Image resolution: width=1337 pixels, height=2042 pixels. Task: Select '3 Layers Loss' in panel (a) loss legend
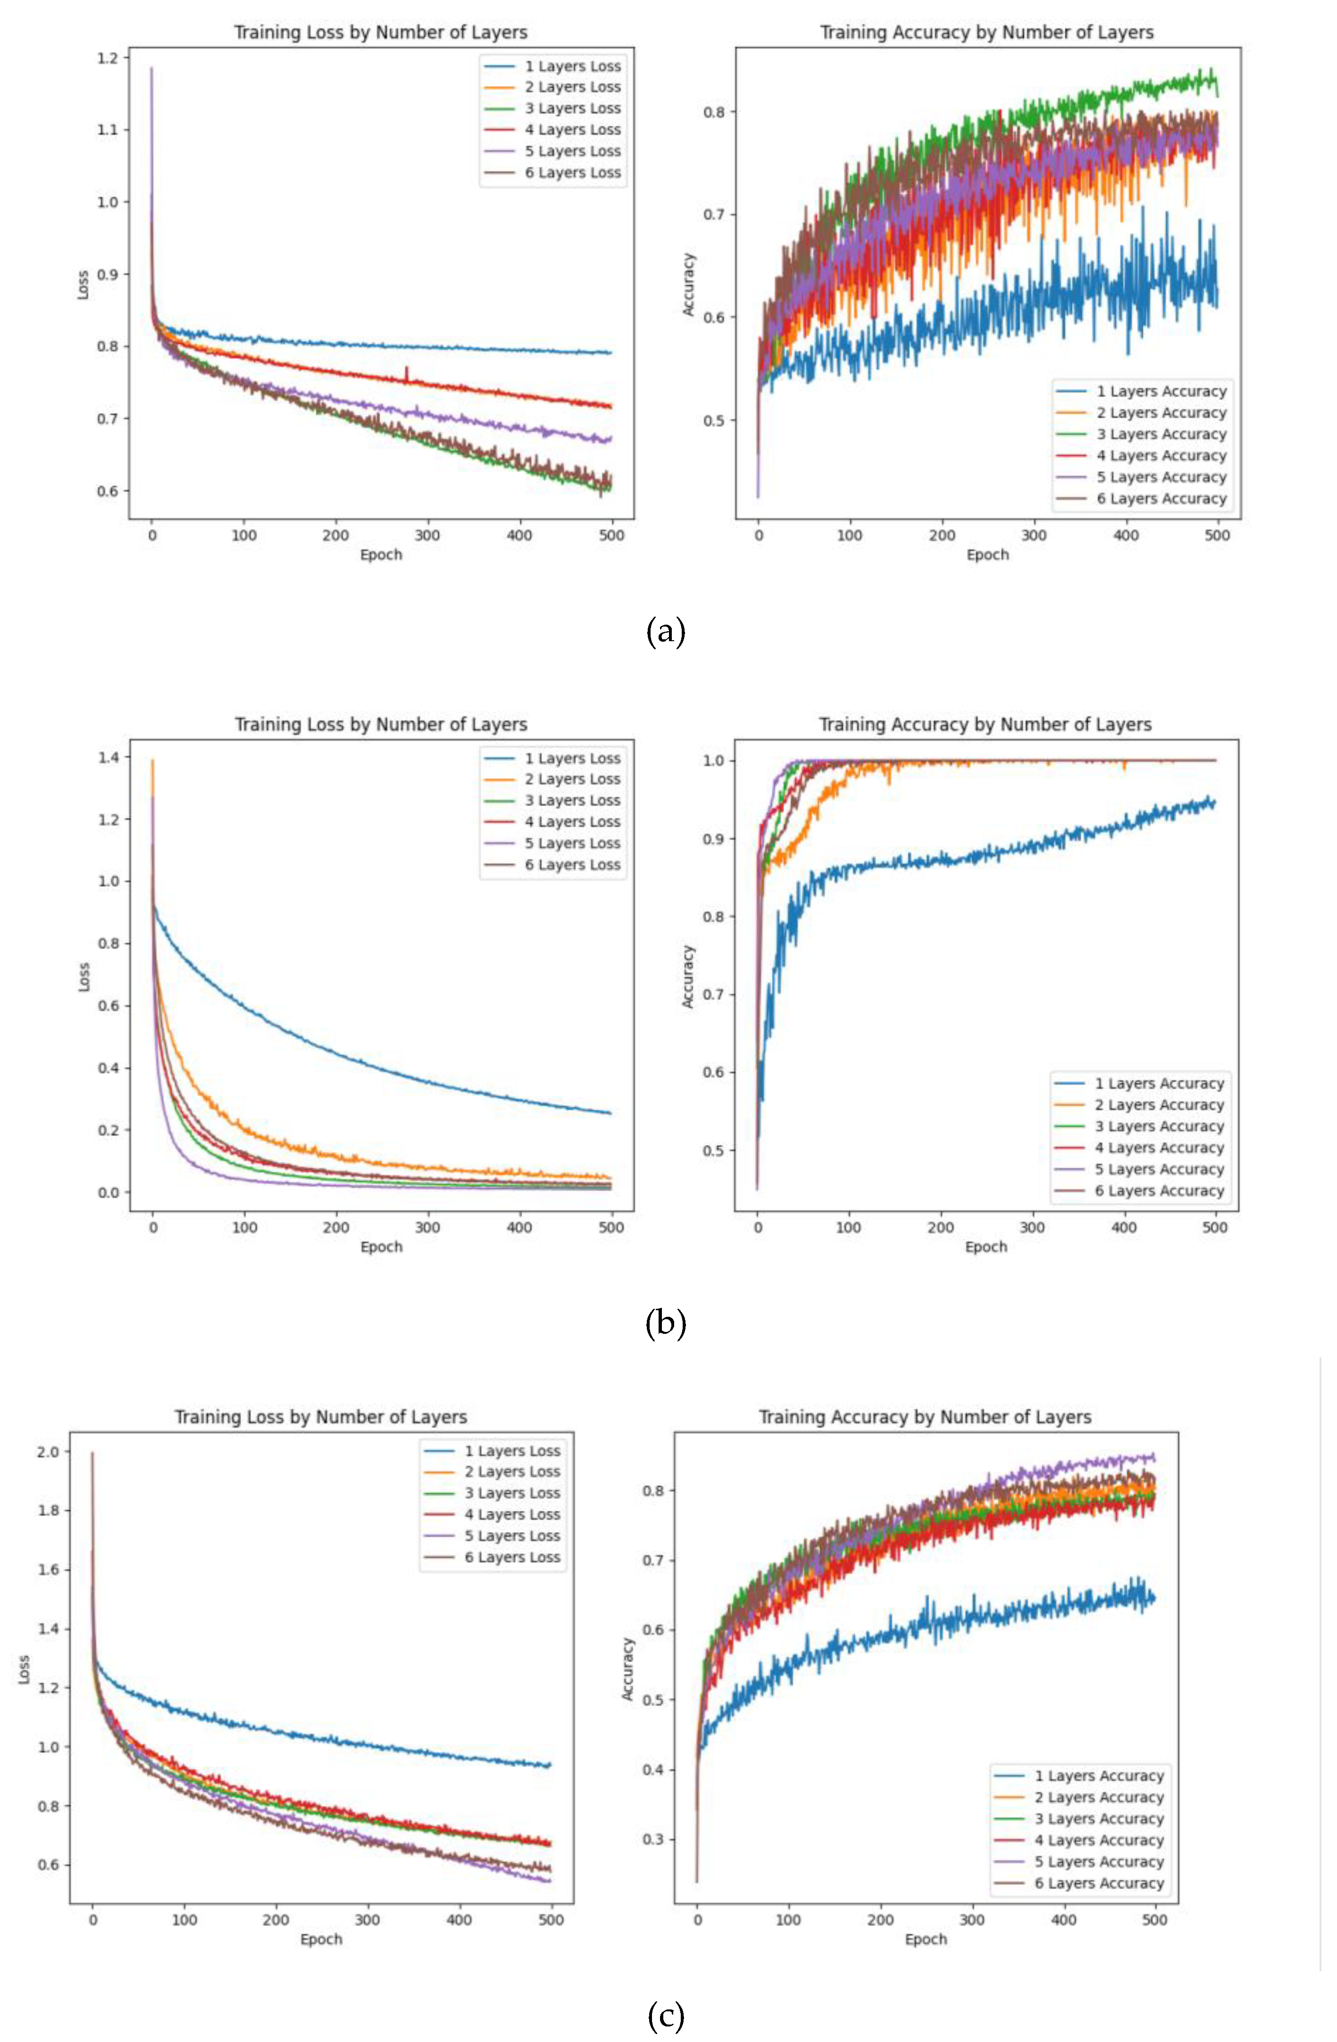572,108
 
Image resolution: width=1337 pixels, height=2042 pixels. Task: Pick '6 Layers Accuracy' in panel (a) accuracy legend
1161,499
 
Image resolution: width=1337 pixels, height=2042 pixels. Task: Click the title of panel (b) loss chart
381,724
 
